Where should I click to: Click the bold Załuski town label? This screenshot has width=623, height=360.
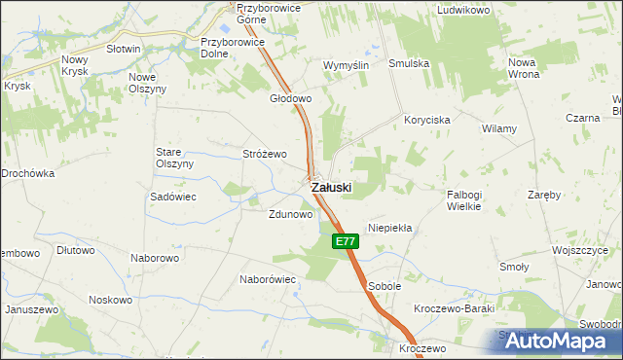(x=331, y=187)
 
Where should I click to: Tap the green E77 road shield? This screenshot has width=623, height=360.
(x=344, y=241)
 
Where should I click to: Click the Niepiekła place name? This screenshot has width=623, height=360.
(x=389, y=228)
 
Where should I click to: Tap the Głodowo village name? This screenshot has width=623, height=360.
(x=290, y=98)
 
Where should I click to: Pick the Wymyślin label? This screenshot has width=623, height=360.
(x=347, y=65)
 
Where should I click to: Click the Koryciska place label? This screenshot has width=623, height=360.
(x=426, y=119)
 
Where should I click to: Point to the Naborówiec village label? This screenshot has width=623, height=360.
(x=267, y=278)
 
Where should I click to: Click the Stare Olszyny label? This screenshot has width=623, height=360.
(x=175, y=158)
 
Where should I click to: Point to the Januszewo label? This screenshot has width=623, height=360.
(x=31, y=308)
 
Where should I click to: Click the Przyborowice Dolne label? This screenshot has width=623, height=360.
(x=228, y=48)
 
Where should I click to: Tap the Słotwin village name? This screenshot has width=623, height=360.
(x=124, y=49)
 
